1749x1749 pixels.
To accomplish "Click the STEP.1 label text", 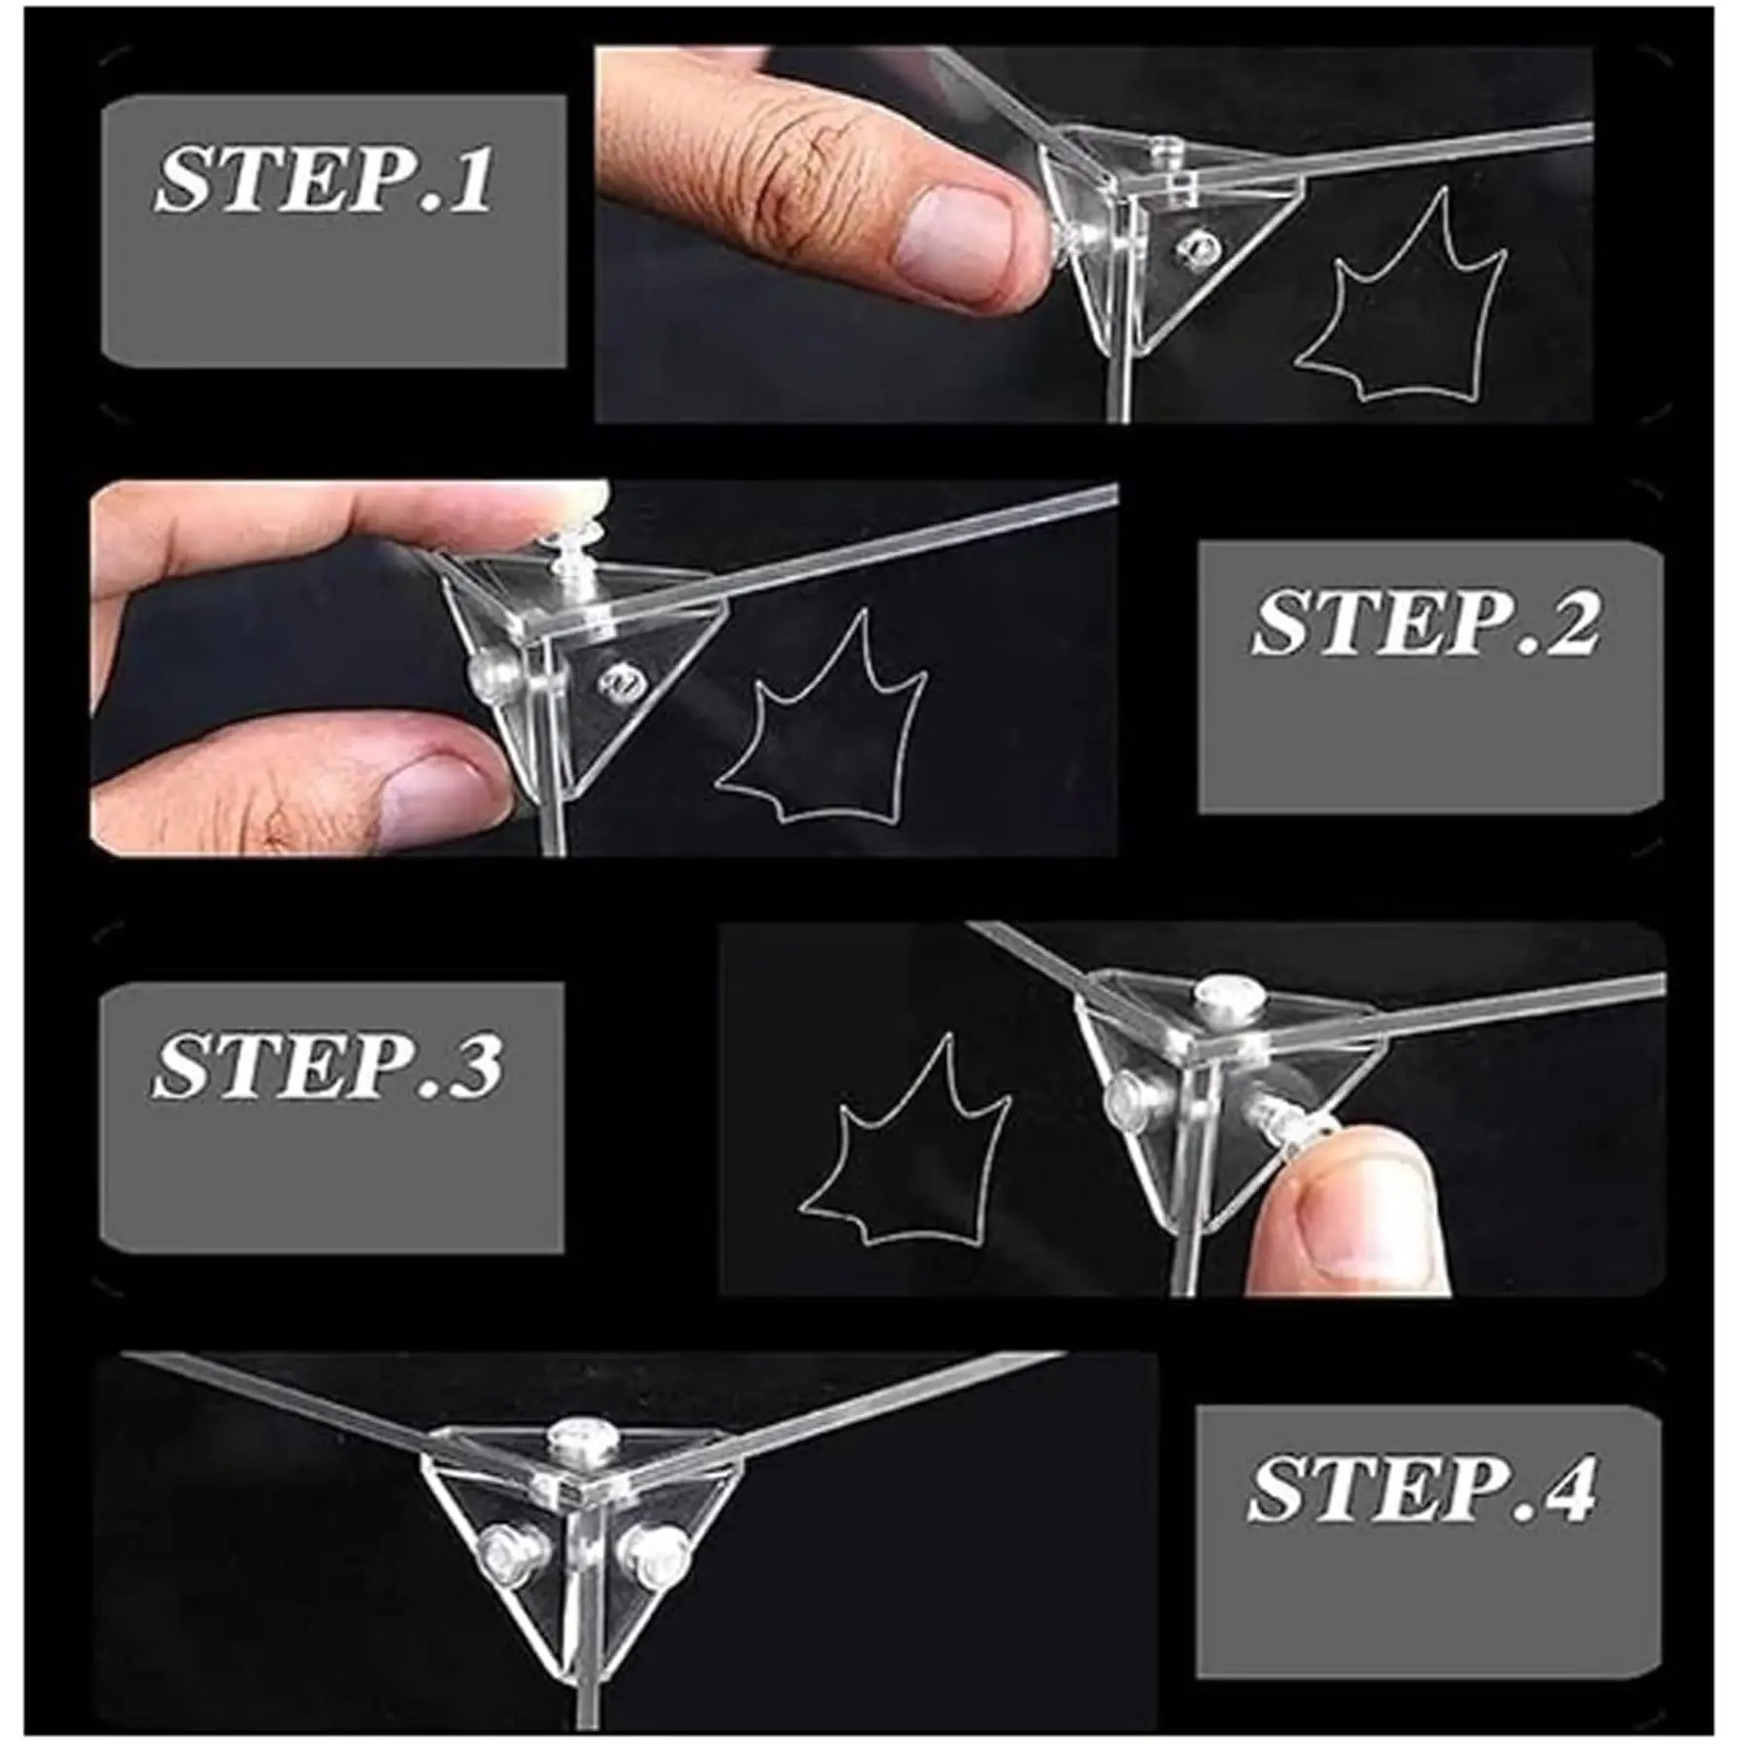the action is [x=325, y=180].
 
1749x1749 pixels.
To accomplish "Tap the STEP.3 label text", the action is [x=327, y=1066].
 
